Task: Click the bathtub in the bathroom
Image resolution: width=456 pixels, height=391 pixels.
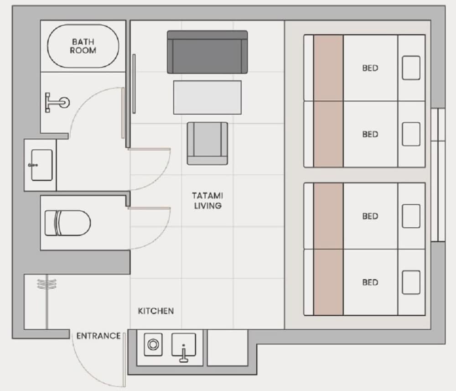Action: pyautogui.click(x=83, y=46)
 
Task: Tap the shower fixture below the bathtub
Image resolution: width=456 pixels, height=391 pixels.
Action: pyautogui.click(x=57, y=102)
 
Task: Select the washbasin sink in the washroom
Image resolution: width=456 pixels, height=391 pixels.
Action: pyautogui.click(x=41, y=165)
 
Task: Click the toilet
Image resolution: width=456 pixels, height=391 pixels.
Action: pyautogui.click(x=67, y=223)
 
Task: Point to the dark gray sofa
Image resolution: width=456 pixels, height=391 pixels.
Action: pyautogui.click(x=207, y=52)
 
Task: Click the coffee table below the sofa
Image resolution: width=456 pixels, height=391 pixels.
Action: pyautogui.click(x=207, y=97)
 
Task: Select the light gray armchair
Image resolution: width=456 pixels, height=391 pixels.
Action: pyautogui.click(x=207, y=143)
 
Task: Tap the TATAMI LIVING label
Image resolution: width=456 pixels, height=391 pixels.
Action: pyautogui.click(x=207, y=200)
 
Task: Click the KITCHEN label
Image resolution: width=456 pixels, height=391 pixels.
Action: pyautogui.click(x=156, y=311)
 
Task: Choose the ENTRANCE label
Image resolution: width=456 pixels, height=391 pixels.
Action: pyautogui.click(x=98, y=336)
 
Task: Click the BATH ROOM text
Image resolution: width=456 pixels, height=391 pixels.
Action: pyautogui.click(x=83, y=46)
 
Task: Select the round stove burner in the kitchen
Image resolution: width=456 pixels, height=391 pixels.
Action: pyautogui.click(x=153, y=344)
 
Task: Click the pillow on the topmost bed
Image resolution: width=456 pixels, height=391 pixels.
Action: pyautogui.click(x=411, y=68)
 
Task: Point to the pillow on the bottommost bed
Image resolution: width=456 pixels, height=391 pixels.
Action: pyautogui.click(x=411, y=282)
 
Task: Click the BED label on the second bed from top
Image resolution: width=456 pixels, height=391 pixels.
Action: pyautogui.click(x=370, y=134)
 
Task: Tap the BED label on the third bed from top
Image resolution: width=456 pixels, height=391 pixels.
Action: pyautogui.click(x=370, y=216)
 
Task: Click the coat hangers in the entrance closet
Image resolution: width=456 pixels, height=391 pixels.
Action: pyautogui.click(x=47, y=284)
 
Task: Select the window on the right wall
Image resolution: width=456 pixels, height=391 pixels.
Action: pyautogui.click(x=438, y=175)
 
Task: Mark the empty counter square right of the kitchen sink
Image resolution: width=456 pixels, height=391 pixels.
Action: pyautogui.click(x=228, y=348)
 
